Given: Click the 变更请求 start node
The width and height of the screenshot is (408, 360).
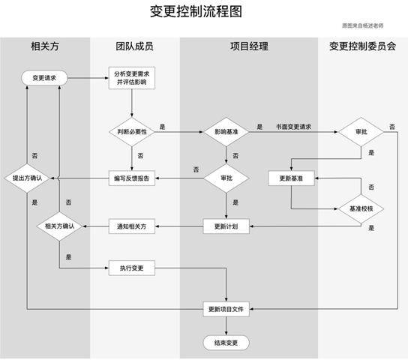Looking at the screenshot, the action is pyautogui.click(x=44, y=78).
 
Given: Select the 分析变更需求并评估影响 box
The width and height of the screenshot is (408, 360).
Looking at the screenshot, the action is pyautogui.click(x=132, y=78).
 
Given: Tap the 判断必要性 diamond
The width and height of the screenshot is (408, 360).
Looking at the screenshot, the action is pyautogui.click(x=132, y=132).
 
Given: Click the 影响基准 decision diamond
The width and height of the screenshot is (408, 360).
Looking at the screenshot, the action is pyautogui.click(x=226, y=132).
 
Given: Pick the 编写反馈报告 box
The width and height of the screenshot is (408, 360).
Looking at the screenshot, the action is pyautogui.click(x=132, y=178).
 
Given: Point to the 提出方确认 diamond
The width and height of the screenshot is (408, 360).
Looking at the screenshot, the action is pyautogui.click(x=27, y=178).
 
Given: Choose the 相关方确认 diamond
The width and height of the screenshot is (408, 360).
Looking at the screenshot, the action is pyautogui.click(x=59, y=226).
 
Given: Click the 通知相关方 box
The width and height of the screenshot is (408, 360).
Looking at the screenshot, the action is pyautogui.click(x=132, y=226).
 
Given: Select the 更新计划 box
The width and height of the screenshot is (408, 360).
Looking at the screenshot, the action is pyautogui.click(x=226, y=226).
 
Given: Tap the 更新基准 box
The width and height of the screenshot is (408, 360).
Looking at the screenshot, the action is pyautogui.click(x=291, y=178).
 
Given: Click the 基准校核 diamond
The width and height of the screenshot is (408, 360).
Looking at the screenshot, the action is pyautogui.click(x=361, y=208).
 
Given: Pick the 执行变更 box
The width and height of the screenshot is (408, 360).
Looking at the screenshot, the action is pyautogui.click(x=132, y=268).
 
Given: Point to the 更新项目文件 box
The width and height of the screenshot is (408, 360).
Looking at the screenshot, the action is pyautogui.click(x=226, y=309).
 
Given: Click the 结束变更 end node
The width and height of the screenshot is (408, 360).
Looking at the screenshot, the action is pyautogui.click(x=226, y=343).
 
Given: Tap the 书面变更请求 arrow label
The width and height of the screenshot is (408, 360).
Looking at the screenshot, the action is pyautogui.click(x=293, y=127).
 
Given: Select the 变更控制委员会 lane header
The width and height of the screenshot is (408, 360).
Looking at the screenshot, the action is pyautogui.click(x=362, y=46).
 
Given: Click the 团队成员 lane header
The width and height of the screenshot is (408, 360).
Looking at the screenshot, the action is pyautogui.click(x=134, y=46).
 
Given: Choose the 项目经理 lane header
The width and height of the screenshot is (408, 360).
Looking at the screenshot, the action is pyautogui.click(x=249, y=46).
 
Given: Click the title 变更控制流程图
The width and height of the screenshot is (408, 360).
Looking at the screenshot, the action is pyautogui.click(x=196, y=11).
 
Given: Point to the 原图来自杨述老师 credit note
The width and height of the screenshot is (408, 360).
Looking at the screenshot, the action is pyautogui.click(x=362, y=25).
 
